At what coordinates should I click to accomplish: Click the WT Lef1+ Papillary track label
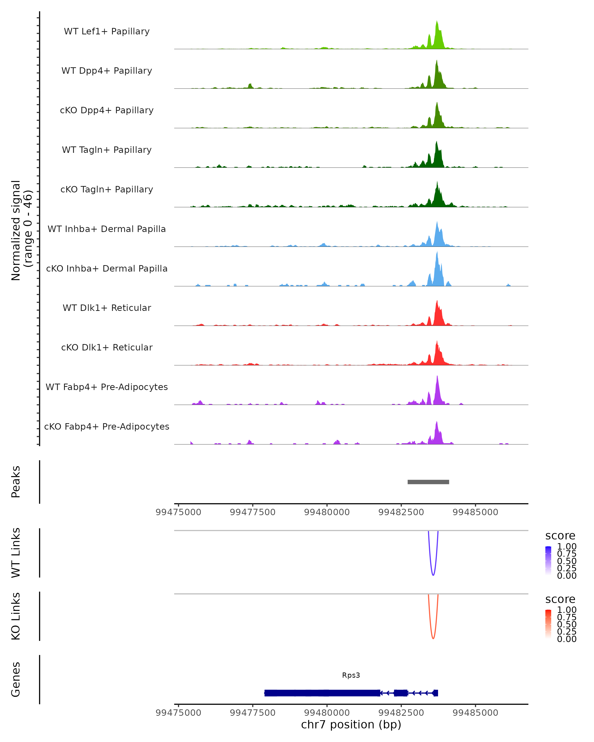[107, 31]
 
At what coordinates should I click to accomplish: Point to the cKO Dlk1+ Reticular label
[107, 347]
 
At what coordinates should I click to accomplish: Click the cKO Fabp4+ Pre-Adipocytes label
[107, 426]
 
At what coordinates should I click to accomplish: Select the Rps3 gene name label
[351, 675]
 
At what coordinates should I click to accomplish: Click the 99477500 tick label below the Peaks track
[252, 512]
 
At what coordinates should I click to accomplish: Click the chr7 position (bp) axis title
[351, 724]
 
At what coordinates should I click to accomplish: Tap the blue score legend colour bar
[548, 561]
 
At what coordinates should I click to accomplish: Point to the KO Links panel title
[16, 616]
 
